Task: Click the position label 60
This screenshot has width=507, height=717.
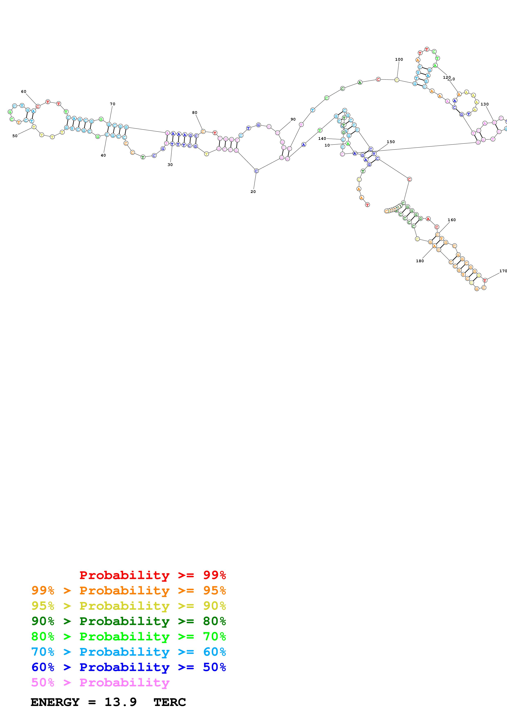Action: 24,92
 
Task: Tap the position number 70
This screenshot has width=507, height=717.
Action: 112,104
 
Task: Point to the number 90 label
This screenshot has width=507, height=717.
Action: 293,119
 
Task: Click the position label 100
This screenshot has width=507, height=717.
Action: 399,59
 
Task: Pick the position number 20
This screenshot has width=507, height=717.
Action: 253,192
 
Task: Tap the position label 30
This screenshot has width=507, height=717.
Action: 170,165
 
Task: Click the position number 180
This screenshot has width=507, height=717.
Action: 420,261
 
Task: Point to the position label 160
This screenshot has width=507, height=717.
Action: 452,220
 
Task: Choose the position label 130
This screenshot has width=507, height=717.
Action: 485,104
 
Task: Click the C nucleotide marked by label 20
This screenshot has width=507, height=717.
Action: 256,171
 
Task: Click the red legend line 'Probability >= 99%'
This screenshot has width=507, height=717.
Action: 152,575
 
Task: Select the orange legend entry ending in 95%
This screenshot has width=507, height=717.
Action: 128,590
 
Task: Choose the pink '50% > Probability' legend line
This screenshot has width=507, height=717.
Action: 100,682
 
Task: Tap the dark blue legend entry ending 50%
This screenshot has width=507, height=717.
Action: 128,667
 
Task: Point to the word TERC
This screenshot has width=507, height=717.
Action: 170,702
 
